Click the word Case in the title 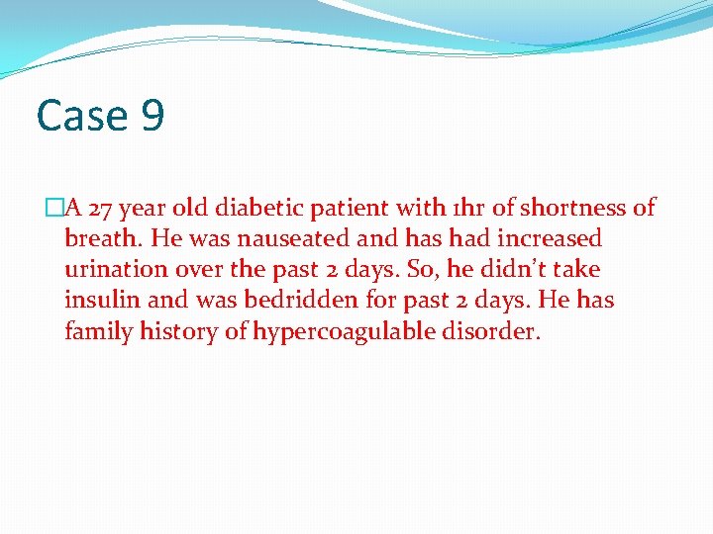81,117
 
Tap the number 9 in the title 153,117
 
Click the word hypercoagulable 344,331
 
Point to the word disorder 491,331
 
